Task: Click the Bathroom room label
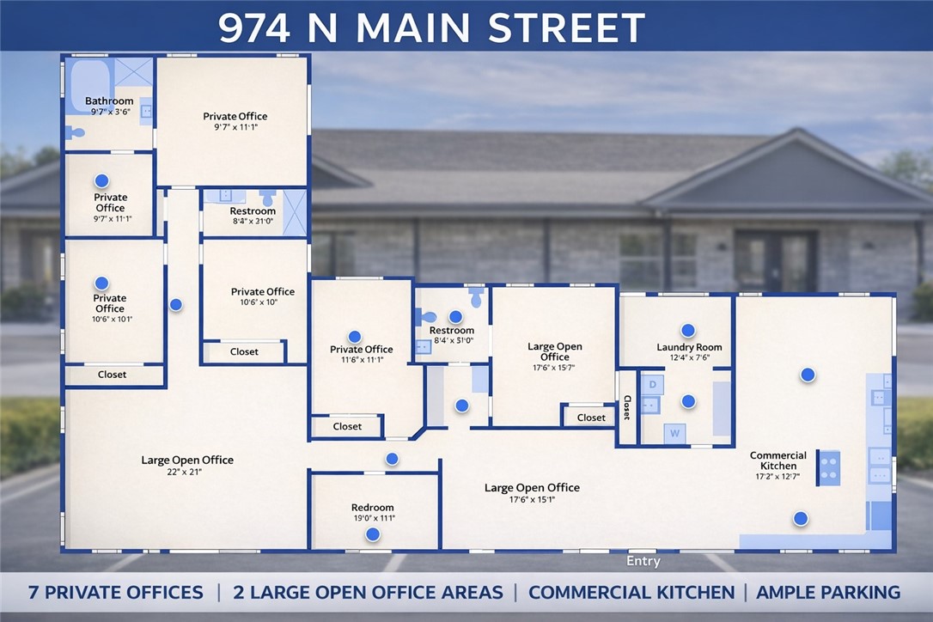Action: pos(109,101)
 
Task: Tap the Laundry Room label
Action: pos(689,347)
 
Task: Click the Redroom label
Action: pos(372,508)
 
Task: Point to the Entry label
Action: pos(643,561)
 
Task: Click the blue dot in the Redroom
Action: pos(373,534)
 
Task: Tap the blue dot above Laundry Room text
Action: pos(688,330)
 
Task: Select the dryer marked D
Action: pos(652,385)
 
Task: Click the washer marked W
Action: pos(675,433)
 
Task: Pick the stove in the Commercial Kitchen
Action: pos(829,468)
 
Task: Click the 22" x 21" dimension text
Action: pos(186,473)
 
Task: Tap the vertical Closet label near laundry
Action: pos(627,407)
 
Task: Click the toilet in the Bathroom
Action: pos(76,133)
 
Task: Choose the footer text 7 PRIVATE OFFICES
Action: pos(115,592)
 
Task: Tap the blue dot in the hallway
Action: pos(176,304)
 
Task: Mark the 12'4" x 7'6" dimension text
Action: pos(689,358)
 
